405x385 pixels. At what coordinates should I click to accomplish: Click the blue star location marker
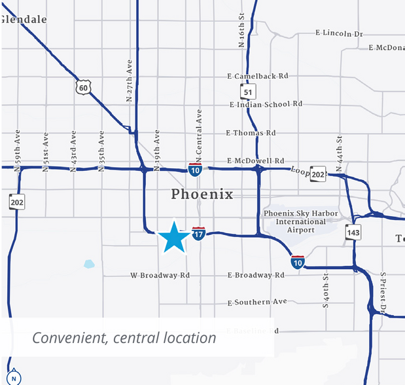173,236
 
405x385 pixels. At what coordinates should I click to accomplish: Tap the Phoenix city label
202,194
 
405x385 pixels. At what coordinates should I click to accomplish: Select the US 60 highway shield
82,88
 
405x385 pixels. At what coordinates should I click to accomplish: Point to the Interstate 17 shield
199,232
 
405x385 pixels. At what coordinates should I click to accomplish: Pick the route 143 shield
353,232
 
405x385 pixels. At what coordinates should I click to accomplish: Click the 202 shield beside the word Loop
318,174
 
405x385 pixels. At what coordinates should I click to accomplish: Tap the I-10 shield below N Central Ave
195,170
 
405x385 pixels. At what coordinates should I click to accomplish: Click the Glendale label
24,20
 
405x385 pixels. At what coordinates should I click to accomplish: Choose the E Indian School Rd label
266,104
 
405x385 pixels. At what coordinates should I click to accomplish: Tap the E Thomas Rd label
251,133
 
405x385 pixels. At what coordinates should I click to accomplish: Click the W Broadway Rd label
160,276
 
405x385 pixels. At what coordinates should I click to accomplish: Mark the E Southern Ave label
257,302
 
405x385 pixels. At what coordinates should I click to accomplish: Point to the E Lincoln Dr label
339,33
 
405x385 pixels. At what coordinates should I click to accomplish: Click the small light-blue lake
89,265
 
